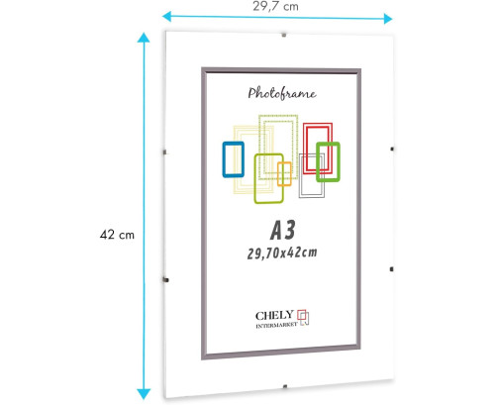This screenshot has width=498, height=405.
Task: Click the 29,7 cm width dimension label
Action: click(275, 7)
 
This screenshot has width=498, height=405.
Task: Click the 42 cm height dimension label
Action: click(117, 235)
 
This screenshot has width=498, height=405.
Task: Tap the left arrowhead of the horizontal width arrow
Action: click(167, 16)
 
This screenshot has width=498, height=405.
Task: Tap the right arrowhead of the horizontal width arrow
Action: click(388, 19)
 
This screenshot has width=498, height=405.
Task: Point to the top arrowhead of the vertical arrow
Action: click(144, 38)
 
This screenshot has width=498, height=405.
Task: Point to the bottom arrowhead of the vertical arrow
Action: click(144, 394)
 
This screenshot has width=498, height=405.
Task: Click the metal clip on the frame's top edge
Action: click(284, 35)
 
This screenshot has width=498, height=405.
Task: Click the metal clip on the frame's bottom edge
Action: click(285, 386)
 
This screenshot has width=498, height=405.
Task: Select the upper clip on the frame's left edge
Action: click(164, 152)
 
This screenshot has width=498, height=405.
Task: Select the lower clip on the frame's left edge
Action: click(166, 280)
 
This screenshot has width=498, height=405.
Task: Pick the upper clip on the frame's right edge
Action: click(392, 150)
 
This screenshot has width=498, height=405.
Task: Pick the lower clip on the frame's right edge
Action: click(392, 269)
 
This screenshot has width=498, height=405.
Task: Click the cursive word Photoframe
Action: click(282, 93)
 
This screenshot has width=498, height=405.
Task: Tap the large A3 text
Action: click(283, 230)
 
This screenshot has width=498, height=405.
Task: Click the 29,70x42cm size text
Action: click(282, 253)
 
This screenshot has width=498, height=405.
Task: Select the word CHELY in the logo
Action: click(274, 316)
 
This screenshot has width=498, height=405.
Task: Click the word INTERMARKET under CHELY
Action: click(276, 326)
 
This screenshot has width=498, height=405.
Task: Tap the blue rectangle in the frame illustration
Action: click(234, 159)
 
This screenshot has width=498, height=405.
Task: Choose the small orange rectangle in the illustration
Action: click(284, 174)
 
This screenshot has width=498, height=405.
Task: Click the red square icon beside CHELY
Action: click(302, 315)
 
